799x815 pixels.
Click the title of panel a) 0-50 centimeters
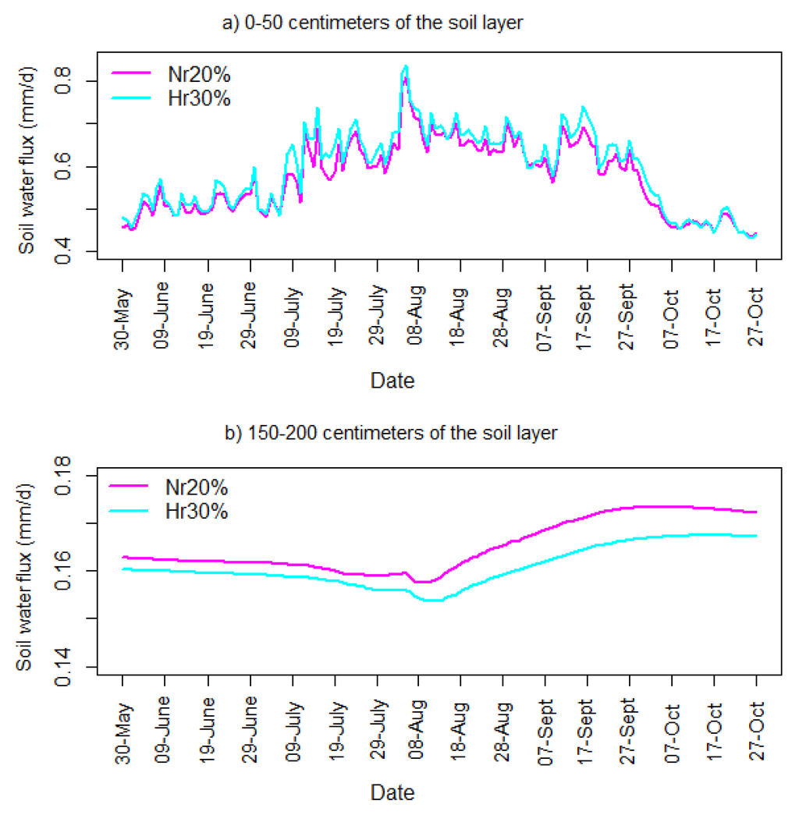[x=371, y=23]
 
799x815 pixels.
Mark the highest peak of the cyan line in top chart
[x=405, y=66]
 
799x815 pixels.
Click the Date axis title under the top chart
[x=392, y=381]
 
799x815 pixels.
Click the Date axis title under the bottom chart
[x=392, y=793]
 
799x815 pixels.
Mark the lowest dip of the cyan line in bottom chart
[x=431, y=600]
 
